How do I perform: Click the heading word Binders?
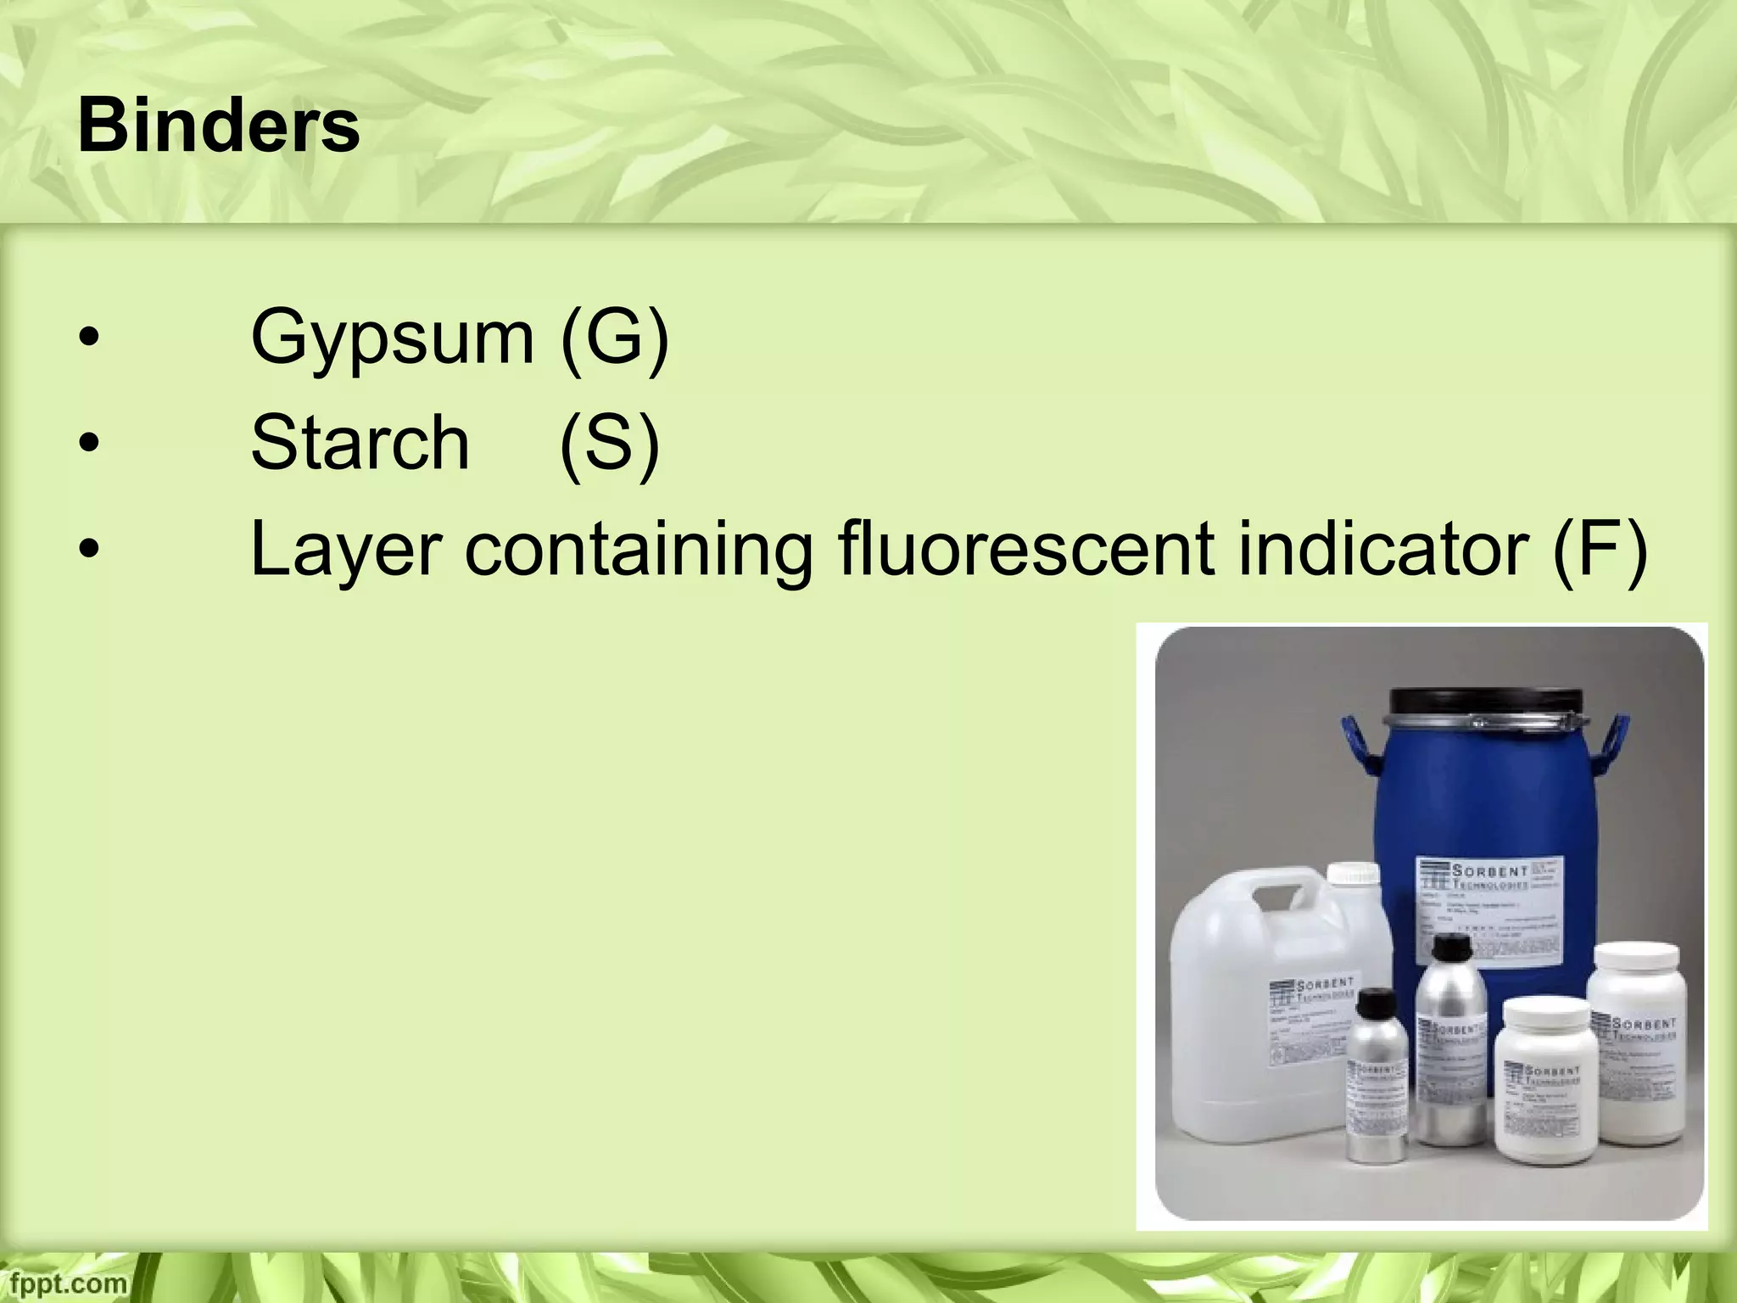pyautogui.click(x=219, y=127)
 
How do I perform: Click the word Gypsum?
pyautogui.click(x=392, y=338)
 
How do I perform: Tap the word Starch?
pyautogui.click(x=360, y=442)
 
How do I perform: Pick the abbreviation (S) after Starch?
pyautogui.click(x=609, y=442)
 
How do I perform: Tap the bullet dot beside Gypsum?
pyautogui.click(x=88, y=339)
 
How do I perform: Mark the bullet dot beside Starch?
pyautogui.click(x=88, y=444)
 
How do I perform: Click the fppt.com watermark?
pyautogui.click(x=64, y=1283)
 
